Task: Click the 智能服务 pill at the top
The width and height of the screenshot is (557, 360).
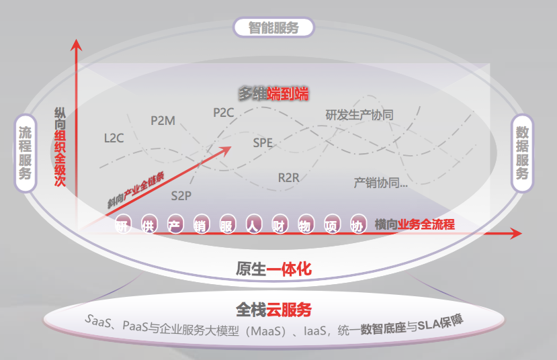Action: click(273, 28)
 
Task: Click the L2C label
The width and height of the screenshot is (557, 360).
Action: click(114, 139)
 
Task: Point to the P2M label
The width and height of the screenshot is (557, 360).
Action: click(163, 121)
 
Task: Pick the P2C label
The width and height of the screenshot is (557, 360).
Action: click(223, 113)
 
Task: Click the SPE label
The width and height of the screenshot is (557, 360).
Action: click(263, 142)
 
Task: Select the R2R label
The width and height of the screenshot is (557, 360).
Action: click(288, 178)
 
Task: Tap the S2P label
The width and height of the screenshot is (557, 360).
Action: click(181, 195)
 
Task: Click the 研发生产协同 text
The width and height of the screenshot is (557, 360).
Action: click(359, 115)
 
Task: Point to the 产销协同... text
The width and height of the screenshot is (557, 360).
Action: click(381, 182)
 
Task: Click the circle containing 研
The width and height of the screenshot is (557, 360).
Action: click(122, 225)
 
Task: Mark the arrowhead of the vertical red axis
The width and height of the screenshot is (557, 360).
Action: click(77, 46)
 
